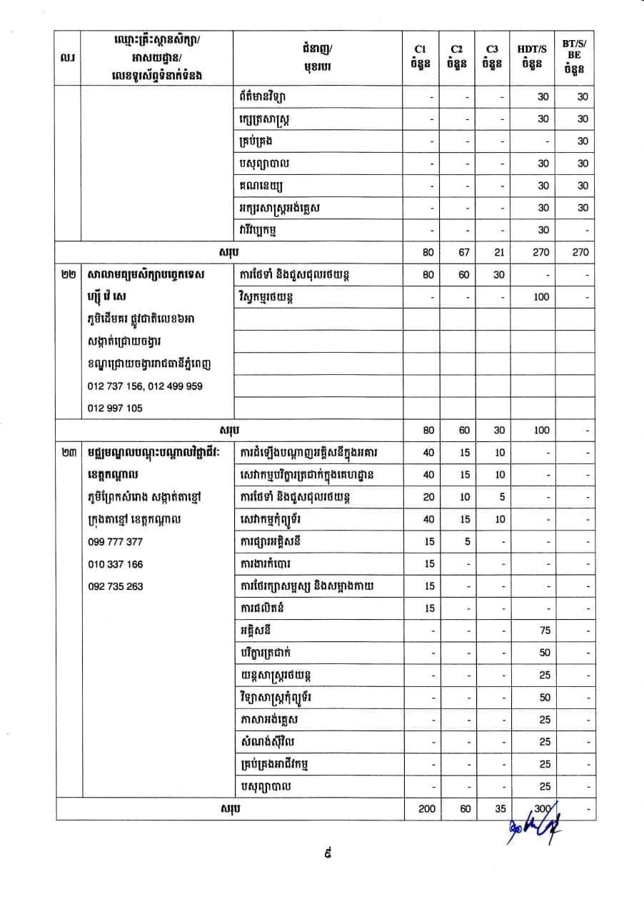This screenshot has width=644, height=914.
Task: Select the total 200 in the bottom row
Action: click(x=427, y=809)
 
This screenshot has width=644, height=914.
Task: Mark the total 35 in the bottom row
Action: click(x=499, y=809)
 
